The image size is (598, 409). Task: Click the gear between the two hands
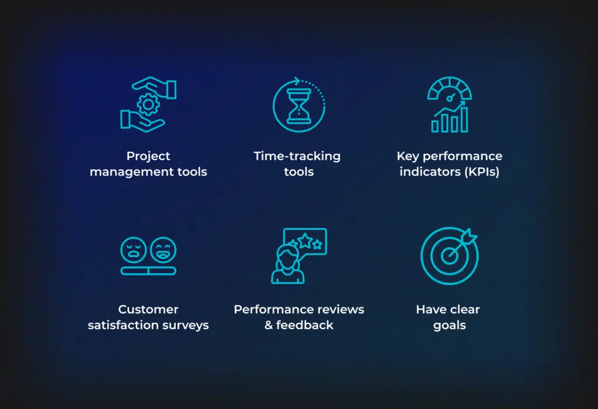148,104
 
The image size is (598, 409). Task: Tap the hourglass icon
299,106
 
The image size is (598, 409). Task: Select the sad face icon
134,250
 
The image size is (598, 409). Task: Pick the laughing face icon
164,250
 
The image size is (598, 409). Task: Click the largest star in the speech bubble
305,241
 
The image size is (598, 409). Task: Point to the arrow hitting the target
463,245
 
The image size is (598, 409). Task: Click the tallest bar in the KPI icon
464,120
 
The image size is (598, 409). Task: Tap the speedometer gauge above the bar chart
450,89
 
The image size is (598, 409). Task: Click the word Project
148,156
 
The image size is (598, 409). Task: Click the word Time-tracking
297,156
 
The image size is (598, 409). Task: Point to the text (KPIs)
482,172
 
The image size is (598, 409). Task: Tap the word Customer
148,309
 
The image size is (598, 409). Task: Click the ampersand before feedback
269,325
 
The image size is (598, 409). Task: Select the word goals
450,326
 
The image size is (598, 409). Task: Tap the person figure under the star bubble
288,264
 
